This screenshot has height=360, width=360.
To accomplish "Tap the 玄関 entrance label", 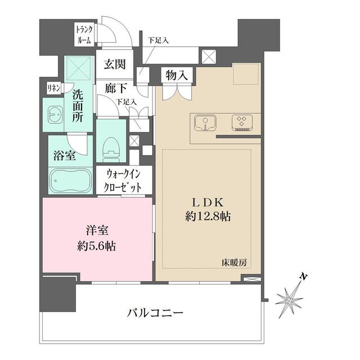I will pyautogui.click(x=114, y=65).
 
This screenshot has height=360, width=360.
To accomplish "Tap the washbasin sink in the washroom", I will pyautogui.click(x=55, y=115).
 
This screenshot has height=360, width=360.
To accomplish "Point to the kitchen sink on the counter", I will pyautogui.click(x=205, y=123).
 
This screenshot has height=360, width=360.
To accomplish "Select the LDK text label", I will pyautogui.click(x=208, y=201).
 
